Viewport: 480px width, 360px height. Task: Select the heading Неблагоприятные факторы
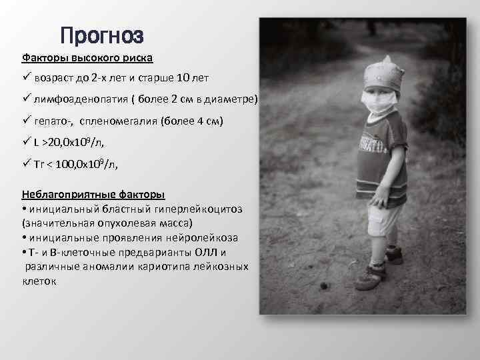point(94,195)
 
